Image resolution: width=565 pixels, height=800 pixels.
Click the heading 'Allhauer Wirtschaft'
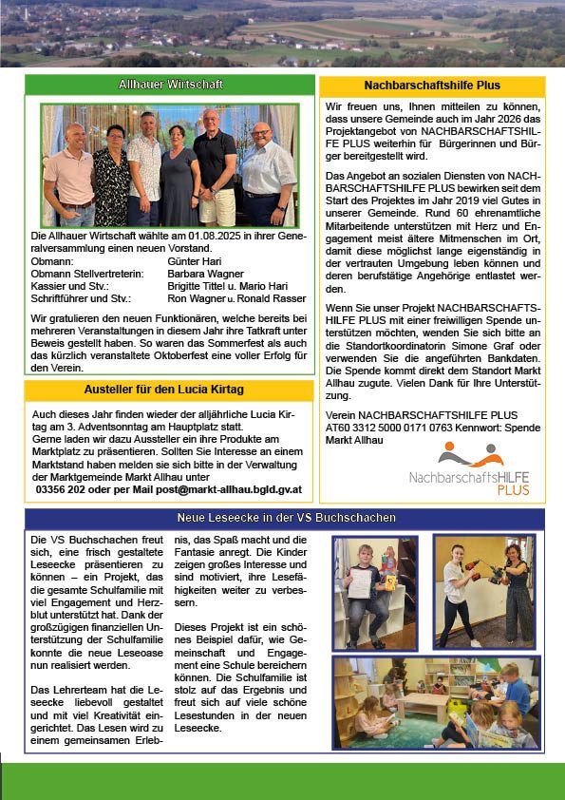[x=168, y=85]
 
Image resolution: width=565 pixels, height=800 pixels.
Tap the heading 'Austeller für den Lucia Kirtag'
[x=168, y=390]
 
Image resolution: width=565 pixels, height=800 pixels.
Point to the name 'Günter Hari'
[x=194, y=259]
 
